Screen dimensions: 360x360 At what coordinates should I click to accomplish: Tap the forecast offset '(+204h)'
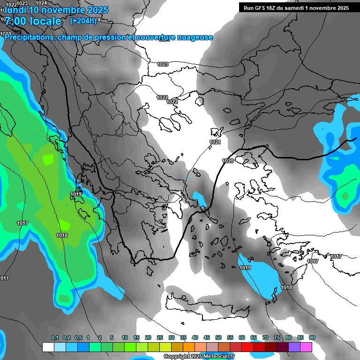click(83, 21)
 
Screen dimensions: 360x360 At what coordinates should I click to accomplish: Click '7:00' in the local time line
click(15, 21)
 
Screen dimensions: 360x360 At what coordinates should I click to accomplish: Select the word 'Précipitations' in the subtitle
click(29, 37)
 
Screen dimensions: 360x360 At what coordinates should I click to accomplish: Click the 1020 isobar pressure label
click(228, 161)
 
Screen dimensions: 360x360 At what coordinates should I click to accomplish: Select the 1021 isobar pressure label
click(215, 142)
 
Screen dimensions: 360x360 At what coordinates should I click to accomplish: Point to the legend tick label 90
click(312, 338)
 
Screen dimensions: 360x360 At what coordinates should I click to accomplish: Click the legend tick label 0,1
click(54, 338)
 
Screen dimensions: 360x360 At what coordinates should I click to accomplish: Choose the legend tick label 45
click(207, 338)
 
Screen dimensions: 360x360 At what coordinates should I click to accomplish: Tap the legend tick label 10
click(125, 338)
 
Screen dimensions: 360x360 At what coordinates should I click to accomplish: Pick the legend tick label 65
click(254, 338)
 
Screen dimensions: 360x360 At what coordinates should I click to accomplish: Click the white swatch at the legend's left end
click(48, 347)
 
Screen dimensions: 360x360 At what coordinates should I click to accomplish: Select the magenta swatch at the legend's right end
click(306, 347)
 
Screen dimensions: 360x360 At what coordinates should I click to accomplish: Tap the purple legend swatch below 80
click(294, 347)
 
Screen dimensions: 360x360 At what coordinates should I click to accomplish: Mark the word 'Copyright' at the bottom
click(175, 357)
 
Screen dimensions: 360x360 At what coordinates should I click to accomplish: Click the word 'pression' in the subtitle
click(110, 37)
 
